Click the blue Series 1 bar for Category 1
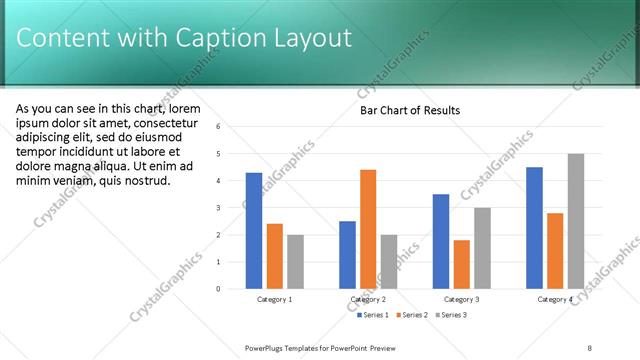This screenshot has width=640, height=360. click(x=254, y=231)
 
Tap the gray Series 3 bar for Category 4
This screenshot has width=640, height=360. click(x=576, y=221)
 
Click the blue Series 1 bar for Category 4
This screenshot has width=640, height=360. click(x=534, y=228)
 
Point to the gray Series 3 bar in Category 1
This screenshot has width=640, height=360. click(x=295, y=262)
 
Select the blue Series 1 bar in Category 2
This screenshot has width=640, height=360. click(x=347, y=255)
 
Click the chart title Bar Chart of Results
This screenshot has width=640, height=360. click(x=410, y=110)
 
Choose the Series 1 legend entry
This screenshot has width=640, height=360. click(x=373, y=315)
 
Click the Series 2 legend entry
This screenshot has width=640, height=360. click(x=411, y=315)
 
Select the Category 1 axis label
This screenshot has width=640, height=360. click(x=274, y=299)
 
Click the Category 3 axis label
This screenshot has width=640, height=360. click(x=461, y=299)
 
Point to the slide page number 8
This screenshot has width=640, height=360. click(x=590, y=348)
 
